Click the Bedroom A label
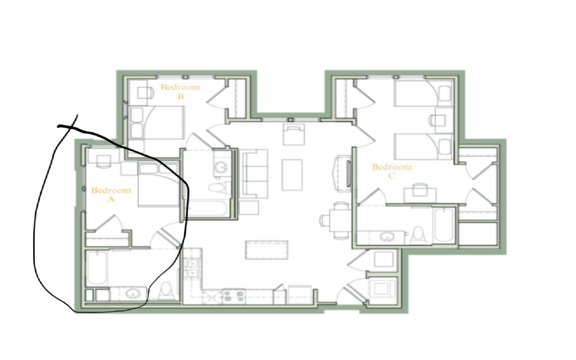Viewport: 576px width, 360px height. [111, 195]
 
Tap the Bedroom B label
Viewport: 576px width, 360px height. [181, 92]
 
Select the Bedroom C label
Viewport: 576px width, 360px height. [391, 171]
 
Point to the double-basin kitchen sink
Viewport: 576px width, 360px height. [192, 268]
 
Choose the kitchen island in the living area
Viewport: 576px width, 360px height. [266, 250]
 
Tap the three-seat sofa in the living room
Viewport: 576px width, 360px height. [254, 173]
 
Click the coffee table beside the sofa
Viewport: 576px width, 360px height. [292, 175]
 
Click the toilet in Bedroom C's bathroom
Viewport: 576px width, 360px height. [418, 235]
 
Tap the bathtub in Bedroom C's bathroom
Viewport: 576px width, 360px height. [444, 226]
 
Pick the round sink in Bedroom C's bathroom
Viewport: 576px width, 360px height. [386, 237]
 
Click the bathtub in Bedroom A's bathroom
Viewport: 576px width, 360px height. [97, 268]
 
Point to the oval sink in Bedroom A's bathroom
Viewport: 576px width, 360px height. [132, 294]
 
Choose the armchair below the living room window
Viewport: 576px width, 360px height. [294, 134]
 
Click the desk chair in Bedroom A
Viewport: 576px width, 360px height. [103, 161]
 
